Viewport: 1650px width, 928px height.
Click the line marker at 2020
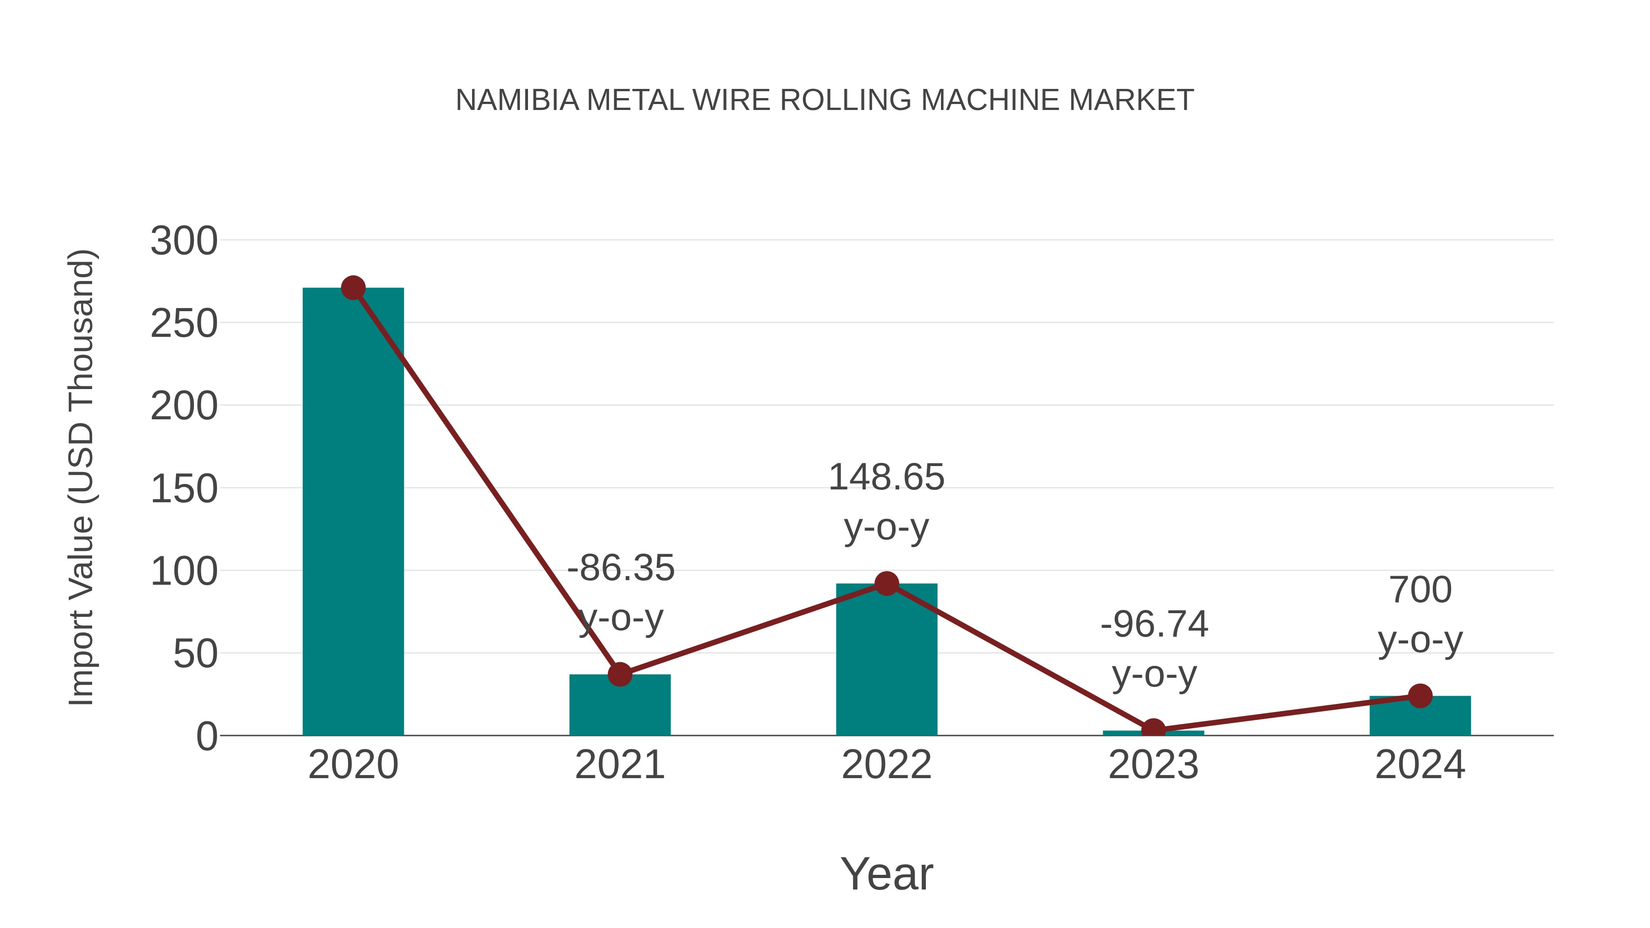(x=353, y=288)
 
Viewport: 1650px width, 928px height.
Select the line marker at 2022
(x=886, y=583)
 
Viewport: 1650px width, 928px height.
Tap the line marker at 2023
(x=1153, y=730)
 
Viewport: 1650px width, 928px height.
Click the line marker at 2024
(x=1420, y=696)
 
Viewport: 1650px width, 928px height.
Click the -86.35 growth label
(x=621, y=569)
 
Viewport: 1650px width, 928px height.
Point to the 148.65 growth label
(x=886, y=478)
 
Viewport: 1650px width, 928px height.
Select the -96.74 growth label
(x=1154, y=625)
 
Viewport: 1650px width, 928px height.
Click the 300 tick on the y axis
(x=184, y=242)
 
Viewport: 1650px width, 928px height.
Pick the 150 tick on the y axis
(x=184, y=489)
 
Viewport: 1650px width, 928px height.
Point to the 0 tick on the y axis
(x=206, y=736)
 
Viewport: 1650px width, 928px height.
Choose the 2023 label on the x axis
(x=1153, y=765)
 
